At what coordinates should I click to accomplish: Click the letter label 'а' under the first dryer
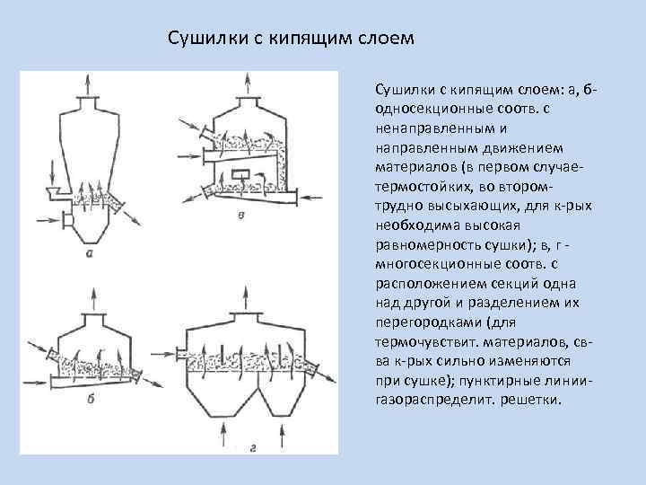[x=90, y=254]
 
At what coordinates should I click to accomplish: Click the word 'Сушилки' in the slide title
[x=203, y=40]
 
